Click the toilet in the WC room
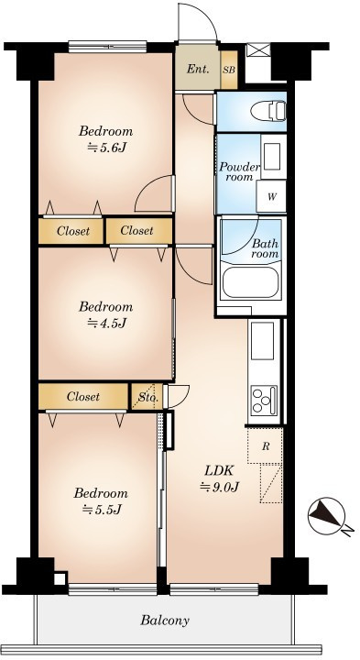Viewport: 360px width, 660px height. tap(268, 111)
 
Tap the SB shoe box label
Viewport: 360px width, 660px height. tap(229, 70)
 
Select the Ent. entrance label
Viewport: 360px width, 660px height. tap(197, 70)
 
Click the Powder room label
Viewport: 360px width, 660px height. tap(239, 171)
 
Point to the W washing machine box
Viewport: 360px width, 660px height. tap(271, 196)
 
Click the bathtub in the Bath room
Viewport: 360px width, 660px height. tap(250, 281)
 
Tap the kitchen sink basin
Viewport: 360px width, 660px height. tap(262, 340)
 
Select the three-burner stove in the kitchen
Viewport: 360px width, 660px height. tap(263, 399)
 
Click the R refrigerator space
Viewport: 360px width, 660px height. tap(265, 446)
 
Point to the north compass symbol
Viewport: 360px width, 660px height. tap(326, 516)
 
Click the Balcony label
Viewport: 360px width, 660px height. tap(165, 620)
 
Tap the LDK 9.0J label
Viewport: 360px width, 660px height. tap(219, 478)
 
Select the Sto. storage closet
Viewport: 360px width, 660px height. tap(147, 397)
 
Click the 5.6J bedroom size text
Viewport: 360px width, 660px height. tap(107, 148)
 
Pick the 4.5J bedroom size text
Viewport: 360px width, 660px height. tap(107, 323)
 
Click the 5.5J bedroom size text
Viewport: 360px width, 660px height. tap(102, 510)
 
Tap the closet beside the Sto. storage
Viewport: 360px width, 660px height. tap(83, 397)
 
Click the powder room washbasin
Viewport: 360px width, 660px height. tap(273, 157)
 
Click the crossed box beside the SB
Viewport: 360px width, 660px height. tap(257, 49)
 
